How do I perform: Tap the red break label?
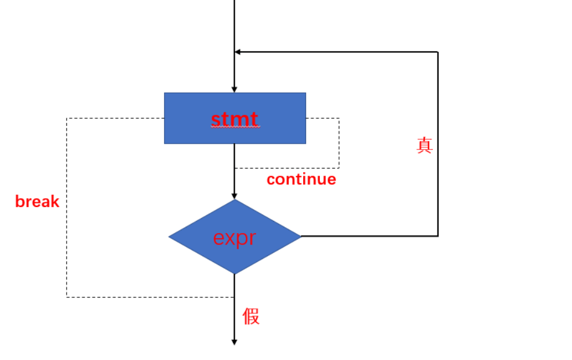(x=37, y=202)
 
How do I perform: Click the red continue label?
(x=301, y=179)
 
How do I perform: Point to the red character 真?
(x=424, y=145)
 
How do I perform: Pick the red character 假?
(x=251, y=317)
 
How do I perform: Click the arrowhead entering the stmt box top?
(x=235, y=89)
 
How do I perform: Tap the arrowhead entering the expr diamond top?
(x=235, y=196)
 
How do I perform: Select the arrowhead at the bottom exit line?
(x=235, y=341)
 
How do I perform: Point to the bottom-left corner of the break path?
(x=67, y=297)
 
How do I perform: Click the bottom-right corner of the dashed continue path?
(x=339, y=168)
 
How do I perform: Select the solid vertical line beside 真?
(x=438, y=174)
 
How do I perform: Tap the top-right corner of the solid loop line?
(x=438, y=52)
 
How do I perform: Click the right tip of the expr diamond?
(x=300, y=236)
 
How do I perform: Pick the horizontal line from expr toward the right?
(x=371, y=236)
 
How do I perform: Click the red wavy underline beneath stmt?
(x=235, y=127)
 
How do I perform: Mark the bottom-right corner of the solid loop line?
(x=438, y=236)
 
